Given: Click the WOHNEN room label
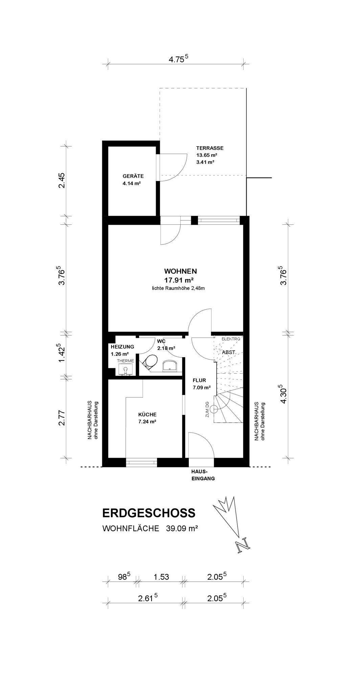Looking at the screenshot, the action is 180,271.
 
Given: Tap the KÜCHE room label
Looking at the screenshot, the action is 147,414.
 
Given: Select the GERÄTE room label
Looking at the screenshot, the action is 133,176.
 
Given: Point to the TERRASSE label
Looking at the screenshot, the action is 210,148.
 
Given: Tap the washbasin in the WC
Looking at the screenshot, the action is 171,366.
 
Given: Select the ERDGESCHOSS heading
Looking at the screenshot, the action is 149,513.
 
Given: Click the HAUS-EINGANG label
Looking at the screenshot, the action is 201,475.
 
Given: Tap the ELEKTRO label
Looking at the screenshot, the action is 231,339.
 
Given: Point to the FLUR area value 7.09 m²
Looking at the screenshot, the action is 202,388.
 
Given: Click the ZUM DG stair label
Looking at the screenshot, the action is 207,409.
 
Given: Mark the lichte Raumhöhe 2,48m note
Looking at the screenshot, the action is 179,288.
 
